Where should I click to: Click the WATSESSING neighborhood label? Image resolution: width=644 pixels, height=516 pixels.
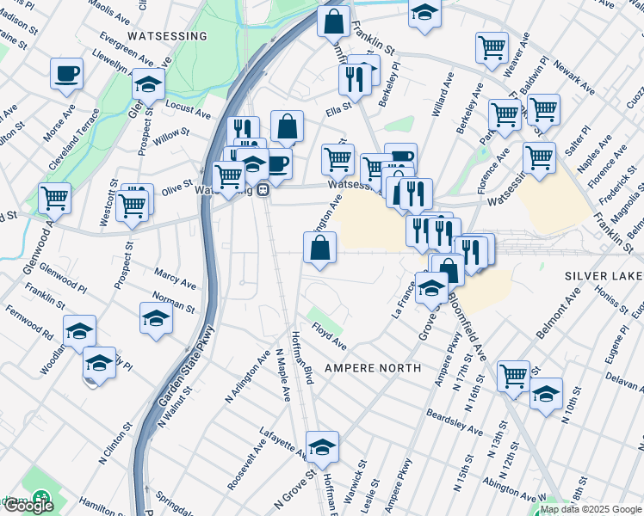click(167, 36)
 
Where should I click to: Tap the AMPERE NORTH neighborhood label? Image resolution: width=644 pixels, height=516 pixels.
click(373, 368)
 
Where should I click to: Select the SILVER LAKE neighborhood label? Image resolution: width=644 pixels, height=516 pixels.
click(604, 276)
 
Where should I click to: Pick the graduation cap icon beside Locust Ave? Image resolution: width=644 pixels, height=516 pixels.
click(148, 84)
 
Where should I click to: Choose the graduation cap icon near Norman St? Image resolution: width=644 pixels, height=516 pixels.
click(156, 316)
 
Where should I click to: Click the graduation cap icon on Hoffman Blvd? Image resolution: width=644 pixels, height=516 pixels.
click(322, 446)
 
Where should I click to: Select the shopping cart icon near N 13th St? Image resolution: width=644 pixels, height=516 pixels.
click(513, 374)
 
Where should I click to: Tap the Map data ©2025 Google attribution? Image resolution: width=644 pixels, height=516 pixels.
click(590, 509)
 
